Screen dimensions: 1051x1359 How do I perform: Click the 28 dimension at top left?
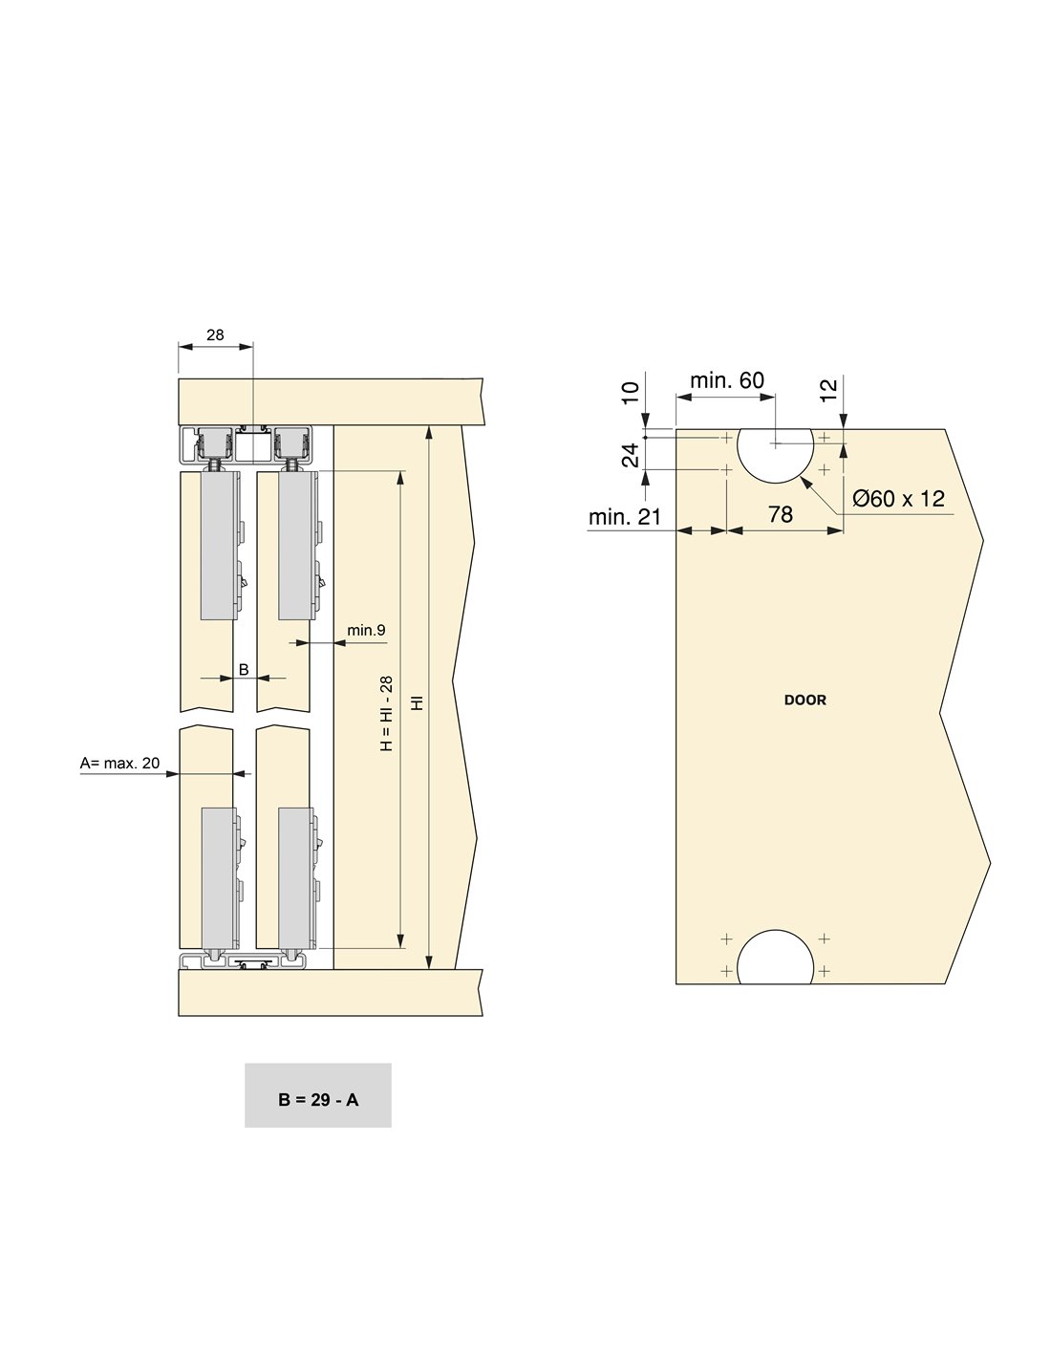(x=214, y=334)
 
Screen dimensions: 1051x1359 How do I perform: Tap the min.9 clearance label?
(x=366, y=630)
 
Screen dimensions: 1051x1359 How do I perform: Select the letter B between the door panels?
(x=244, y=670)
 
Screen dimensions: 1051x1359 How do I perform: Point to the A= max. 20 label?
(x=119, y=763)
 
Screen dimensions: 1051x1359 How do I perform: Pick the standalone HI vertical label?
(x=418, y=703)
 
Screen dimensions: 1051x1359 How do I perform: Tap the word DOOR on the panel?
(x=805, y=701)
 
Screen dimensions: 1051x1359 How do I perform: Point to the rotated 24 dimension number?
(x=632, y=455)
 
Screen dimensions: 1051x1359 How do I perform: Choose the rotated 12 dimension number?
(x=827, y=391)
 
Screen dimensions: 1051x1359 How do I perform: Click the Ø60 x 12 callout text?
(x=898, y=499)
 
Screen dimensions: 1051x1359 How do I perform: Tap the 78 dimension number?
(x=781, y=514)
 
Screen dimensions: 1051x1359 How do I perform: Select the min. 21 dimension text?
(x=625, y=517)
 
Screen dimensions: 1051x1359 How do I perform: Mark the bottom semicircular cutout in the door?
(x=775, y=957)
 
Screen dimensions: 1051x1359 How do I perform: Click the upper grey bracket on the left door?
(x=219, y=546)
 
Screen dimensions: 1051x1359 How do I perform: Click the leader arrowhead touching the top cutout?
(x=805, y=483)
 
